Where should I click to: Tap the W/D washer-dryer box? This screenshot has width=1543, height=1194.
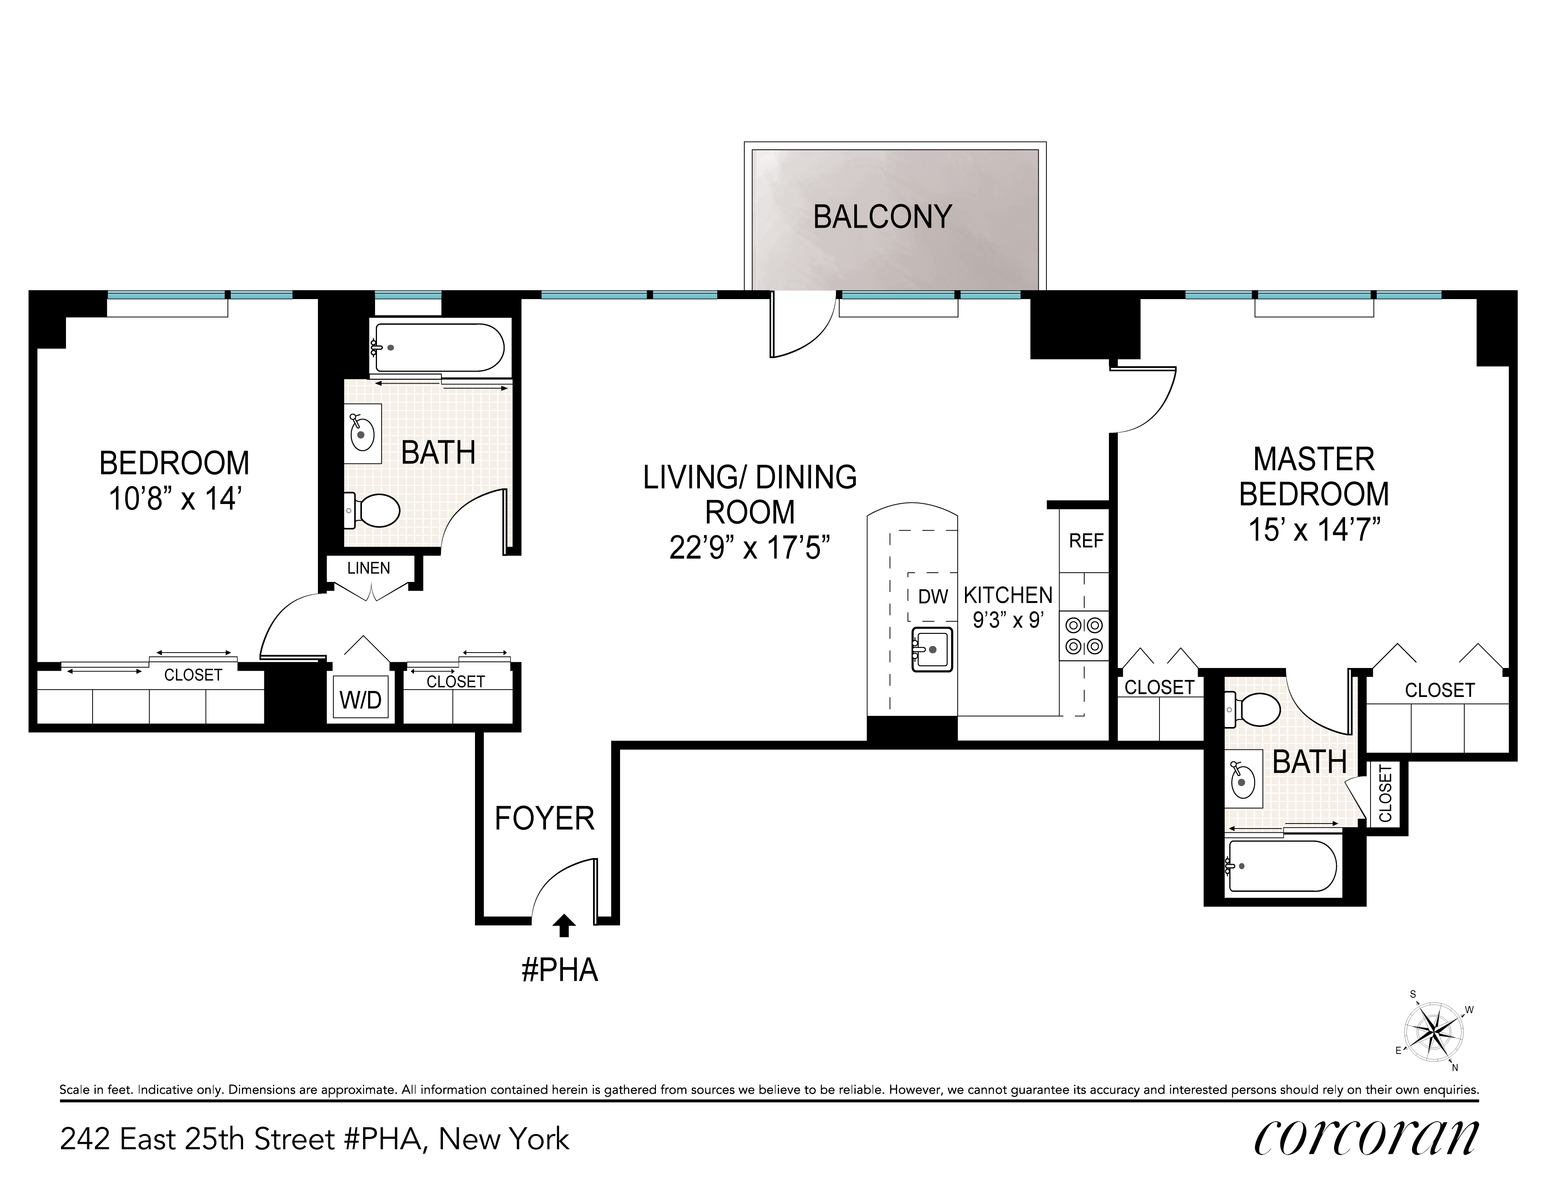click(361, 699)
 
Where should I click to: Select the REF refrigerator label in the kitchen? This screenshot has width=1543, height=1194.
click(1086, 541)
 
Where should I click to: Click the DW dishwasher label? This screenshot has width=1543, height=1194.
click(933, 596)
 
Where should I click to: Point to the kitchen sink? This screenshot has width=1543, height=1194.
click(932, 649)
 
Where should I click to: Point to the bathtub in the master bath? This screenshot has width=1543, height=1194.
click(1282, 866)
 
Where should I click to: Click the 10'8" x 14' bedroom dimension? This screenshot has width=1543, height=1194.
click(174, 499)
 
